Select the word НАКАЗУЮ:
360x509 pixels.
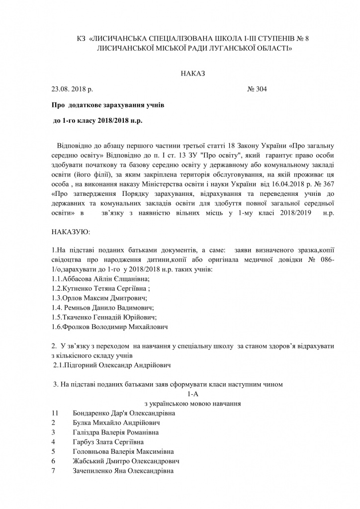(x=71, y=232)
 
